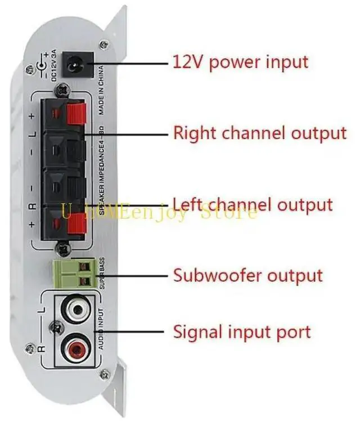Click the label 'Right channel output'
pyautogui.click(x=259, y=133)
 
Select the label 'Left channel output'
pyautogui.click(x=253, y=204)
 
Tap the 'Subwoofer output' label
pyautogui.click(x=248, y=276)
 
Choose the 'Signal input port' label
pyautogui.click(x=242, y=331)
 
